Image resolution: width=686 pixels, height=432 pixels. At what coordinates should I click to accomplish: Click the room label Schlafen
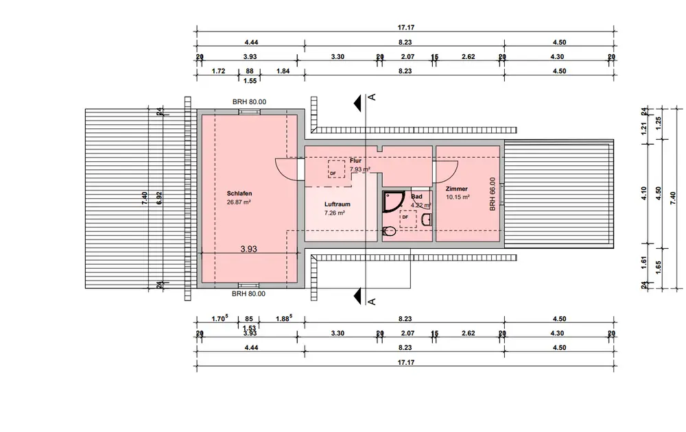(x=239, y=193)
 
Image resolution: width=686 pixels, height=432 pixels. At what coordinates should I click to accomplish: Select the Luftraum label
(x=338, y=204)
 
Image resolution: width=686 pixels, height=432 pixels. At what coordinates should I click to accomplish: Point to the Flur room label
(x=355, y=160)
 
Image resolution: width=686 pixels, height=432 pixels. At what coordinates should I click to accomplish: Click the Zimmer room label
(x=456, y=189)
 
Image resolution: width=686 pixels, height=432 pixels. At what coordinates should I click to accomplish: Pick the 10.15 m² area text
(x=458, y=197)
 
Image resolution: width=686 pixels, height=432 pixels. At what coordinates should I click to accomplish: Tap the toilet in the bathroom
(x=388, y=230)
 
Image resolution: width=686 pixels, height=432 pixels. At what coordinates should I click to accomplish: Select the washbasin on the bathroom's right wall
(x=427, y=219)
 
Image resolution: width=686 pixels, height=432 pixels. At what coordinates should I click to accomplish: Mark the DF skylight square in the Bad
(x=408, y=218)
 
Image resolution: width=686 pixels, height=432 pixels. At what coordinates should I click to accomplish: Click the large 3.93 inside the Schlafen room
(x=248, y=250)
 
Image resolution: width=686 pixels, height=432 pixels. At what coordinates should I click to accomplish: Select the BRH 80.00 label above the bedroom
(x=249, y=101)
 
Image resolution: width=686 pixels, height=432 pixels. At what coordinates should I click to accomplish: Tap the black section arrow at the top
(x=357, y=102)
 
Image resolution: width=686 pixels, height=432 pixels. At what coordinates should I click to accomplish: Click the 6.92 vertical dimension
(x=159, y=195)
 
